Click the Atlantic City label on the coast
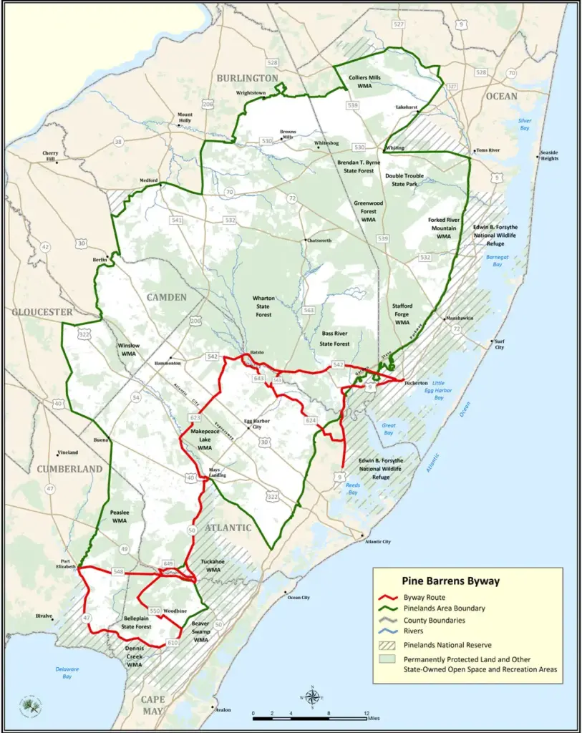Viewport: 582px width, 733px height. point(377,542)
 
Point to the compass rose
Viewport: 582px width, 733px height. point(311,696)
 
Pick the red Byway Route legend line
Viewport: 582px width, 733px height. point(389,598)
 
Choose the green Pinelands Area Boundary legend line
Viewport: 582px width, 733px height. point(389,608)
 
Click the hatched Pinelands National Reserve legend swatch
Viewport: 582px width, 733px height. point(389,644)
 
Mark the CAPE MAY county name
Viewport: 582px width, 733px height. point(152,704)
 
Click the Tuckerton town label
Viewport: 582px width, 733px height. point(418,383)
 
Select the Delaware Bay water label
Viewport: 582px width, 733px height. point(66,673)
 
